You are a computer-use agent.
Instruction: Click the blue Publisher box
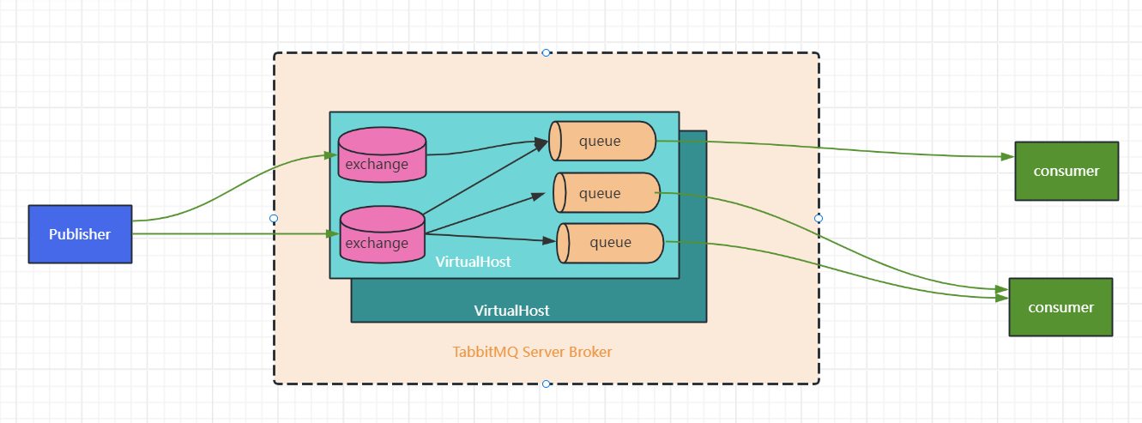(80, 234)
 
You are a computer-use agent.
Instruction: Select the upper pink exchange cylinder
(382, 155)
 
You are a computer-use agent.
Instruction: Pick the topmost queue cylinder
(602, 141)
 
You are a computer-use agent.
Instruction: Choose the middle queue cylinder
(607, 193)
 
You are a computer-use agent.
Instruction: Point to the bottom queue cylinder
(610, 243)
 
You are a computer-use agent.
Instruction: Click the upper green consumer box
(1066, 171)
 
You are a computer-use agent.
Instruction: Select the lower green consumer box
(1060, 307)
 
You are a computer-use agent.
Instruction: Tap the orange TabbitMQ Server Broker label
(532, 352)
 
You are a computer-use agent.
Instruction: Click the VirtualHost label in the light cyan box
(473, 262)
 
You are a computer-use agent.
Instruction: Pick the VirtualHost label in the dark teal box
(511, 311)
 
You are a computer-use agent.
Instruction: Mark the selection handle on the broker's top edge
(547, 52)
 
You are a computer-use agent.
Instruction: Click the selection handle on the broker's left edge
(274, 219)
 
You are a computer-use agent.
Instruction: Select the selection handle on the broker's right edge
(819, 218)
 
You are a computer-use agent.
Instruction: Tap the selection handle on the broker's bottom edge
(547, 384)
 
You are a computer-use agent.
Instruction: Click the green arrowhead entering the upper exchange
(330, 155)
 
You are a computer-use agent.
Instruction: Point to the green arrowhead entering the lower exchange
(333, 233)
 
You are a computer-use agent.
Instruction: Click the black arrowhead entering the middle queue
(540, 196)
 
